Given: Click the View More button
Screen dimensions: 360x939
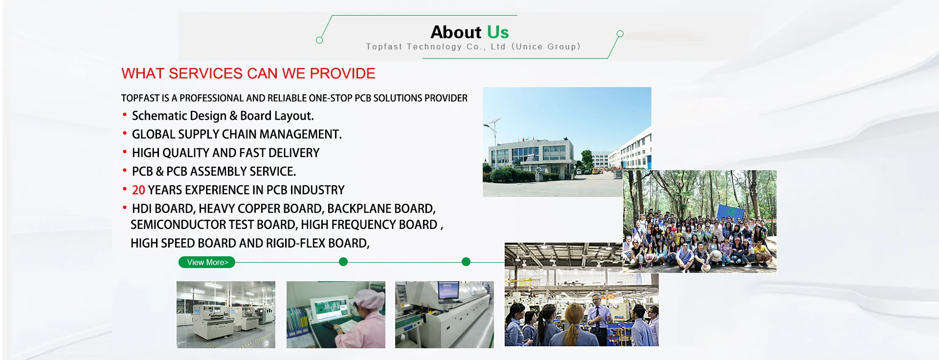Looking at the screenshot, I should tap(207, 262).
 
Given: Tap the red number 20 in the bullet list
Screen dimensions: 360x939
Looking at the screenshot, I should tap(138, 190).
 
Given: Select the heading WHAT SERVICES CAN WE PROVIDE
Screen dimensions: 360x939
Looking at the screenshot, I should tap(248, 73).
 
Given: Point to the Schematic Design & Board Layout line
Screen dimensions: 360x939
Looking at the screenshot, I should tap(223, 116).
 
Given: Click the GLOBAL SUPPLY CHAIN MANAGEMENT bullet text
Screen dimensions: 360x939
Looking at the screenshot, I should tap(237, 135).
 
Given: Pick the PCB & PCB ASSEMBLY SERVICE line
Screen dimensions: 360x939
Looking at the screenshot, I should tap(214, 172).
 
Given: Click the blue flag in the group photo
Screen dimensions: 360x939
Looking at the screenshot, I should tap(730, 212).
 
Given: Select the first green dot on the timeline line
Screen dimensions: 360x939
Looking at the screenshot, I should tap(343, 262).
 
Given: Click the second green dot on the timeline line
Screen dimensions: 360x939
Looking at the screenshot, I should tap(466, 262).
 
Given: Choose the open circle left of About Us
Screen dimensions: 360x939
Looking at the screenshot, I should tap(319, 40).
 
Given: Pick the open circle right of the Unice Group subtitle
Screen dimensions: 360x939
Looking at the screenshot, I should tap(620, 34).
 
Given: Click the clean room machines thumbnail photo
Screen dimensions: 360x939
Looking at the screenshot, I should tap(225, 315).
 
